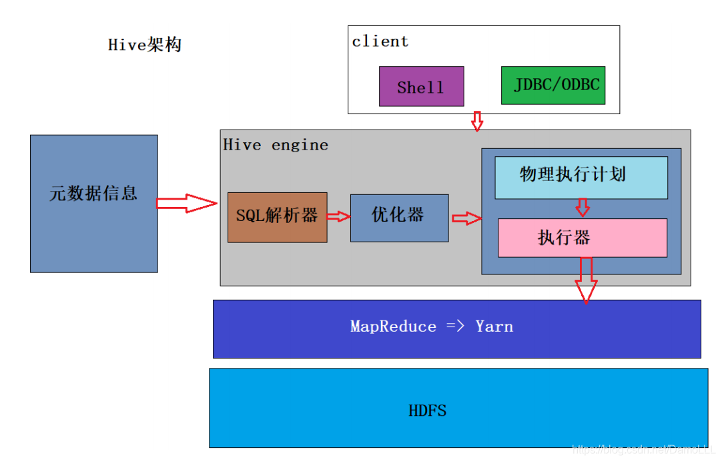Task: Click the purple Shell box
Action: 421,86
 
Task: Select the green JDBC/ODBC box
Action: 553,85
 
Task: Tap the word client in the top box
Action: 380,41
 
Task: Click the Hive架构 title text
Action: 145,45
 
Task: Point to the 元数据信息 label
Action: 93,194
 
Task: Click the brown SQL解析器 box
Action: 277,216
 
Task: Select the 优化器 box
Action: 399,216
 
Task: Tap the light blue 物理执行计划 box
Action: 581,176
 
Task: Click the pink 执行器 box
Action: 582,238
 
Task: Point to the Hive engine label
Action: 276,145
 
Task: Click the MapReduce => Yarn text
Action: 432,326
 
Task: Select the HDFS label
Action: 427,410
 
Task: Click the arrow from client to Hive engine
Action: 476,122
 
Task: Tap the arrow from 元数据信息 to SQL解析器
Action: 187,203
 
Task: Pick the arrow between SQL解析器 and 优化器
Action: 338,216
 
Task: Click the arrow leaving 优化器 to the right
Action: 466,218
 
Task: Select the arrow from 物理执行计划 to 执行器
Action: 583,208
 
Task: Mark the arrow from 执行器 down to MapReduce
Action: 586,279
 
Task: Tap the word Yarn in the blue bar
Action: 494,326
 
